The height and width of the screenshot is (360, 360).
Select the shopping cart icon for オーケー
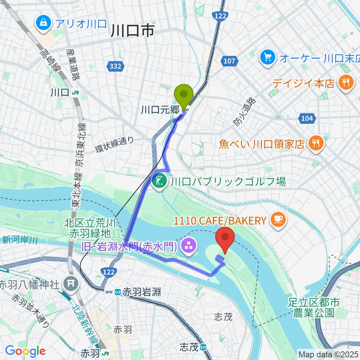pyautogui.click(x=268, y=57)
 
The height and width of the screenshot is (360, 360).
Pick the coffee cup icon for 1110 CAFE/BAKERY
pyautogui.click(x=277, y=220)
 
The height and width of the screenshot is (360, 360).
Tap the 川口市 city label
pyautogui.click(x=132, y=31)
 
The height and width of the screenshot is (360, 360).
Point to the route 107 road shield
pyautogui.click(x=229, y=60)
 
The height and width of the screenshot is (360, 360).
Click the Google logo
pyautogui.click(x=25, y=351)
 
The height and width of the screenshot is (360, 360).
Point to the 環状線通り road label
pyautogui.click(x=114, y=144)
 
